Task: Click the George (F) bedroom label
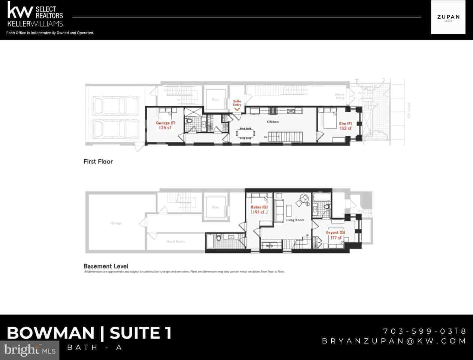pos(165,123)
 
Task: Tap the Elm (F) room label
pos(345,124)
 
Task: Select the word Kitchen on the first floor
pos(272,122)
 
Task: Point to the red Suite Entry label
pos(237,103)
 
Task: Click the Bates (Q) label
pos(259,207)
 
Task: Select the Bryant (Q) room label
pos(335,232)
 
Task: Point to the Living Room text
pos(295,220)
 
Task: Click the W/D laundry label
pos(269,246)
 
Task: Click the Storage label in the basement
pos(116,223)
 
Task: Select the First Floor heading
pos(98,162)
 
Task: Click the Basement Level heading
pos(106,266)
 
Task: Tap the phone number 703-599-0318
pos(425,331)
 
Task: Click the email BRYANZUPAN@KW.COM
pos(394,341)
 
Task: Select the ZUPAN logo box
pos(448,17)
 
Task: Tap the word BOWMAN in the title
pos(51,333)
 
